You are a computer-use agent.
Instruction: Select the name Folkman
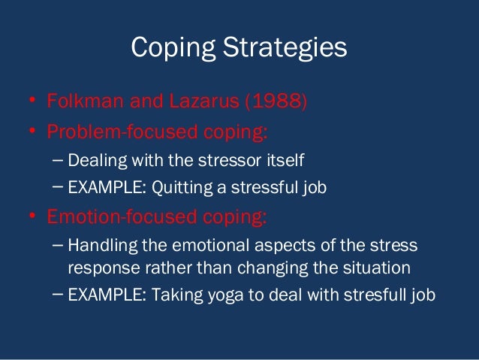tap(82, 100)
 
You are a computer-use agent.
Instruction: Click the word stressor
tap(239, 160)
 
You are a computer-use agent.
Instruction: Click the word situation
tap(374, 268)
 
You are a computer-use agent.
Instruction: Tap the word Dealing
tap(93, 160)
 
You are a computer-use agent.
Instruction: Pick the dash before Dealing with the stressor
tap(59, 160)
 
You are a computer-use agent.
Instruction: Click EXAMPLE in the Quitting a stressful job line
tap(102, 188)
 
